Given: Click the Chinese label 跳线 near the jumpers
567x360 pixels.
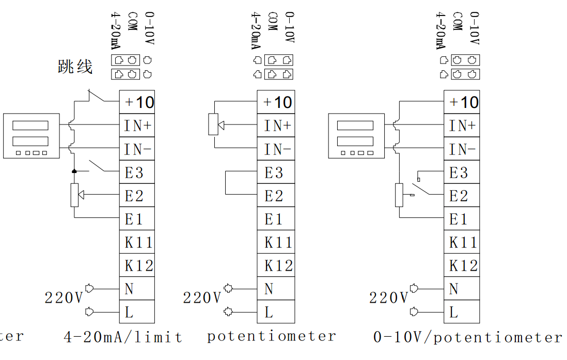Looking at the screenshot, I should [x=75, y=67].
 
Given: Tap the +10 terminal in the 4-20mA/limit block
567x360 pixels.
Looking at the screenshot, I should [x=137, y=102].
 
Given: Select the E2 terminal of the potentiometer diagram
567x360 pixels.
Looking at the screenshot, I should [x=276, y=196].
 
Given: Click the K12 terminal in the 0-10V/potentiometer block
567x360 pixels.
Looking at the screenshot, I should [x=462, y=265].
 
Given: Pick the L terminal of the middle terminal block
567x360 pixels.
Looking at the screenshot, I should [x=276, y=312].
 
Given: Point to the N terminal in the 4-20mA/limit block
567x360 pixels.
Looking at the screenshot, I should [x=137, y=289].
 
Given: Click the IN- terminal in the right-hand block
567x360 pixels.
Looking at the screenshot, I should [x=462, y=149].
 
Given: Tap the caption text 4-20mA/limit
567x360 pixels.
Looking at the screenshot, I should [x=123, y=337].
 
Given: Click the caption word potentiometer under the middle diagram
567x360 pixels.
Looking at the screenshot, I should [x=272, y=336].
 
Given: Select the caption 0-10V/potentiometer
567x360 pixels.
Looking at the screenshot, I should [x=467, y=337].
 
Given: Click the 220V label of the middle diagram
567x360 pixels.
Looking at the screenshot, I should [x=202, y=298].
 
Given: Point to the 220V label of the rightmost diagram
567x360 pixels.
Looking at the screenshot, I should [x=388, y=298].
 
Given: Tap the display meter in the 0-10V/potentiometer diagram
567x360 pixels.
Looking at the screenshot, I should [x=355, y=135].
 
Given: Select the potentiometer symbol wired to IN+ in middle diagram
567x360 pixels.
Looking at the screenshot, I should [x=214, y=124].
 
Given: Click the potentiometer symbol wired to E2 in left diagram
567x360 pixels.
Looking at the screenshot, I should [x=75, y=195].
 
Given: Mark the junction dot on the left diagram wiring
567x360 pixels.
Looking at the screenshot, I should [x=74, y=171].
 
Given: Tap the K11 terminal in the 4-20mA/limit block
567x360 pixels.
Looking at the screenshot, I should [x=137, y=242].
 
